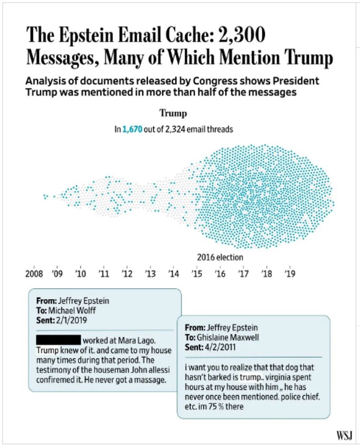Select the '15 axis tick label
(196, 274)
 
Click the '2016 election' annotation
(220, 258)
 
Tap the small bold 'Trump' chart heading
(173, 114)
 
